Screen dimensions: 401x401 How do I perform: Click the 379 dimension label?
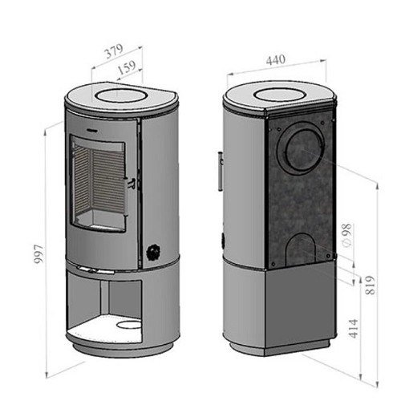[x=115, y=51]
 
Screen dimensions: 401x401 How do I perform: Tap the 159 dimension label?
[x=127, y=68]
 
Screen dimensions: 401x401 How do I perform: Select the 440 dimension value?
[x=276, y=60]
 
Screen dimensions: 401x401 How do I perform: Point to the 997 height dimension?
[x=39, y=254]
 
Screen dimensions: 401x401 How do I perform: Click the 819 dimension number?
[x=370, y=286]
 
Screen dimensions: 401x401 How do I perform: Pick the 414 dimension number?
[x=354, y=329]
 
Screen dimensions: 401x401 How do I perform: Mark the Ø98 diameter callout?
[x=346, y=235]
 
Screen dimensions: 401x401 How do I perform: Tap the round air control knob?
[x=154, y=252]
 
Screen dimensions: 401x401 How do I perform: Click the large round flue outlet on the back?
[x=302, y=151]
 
